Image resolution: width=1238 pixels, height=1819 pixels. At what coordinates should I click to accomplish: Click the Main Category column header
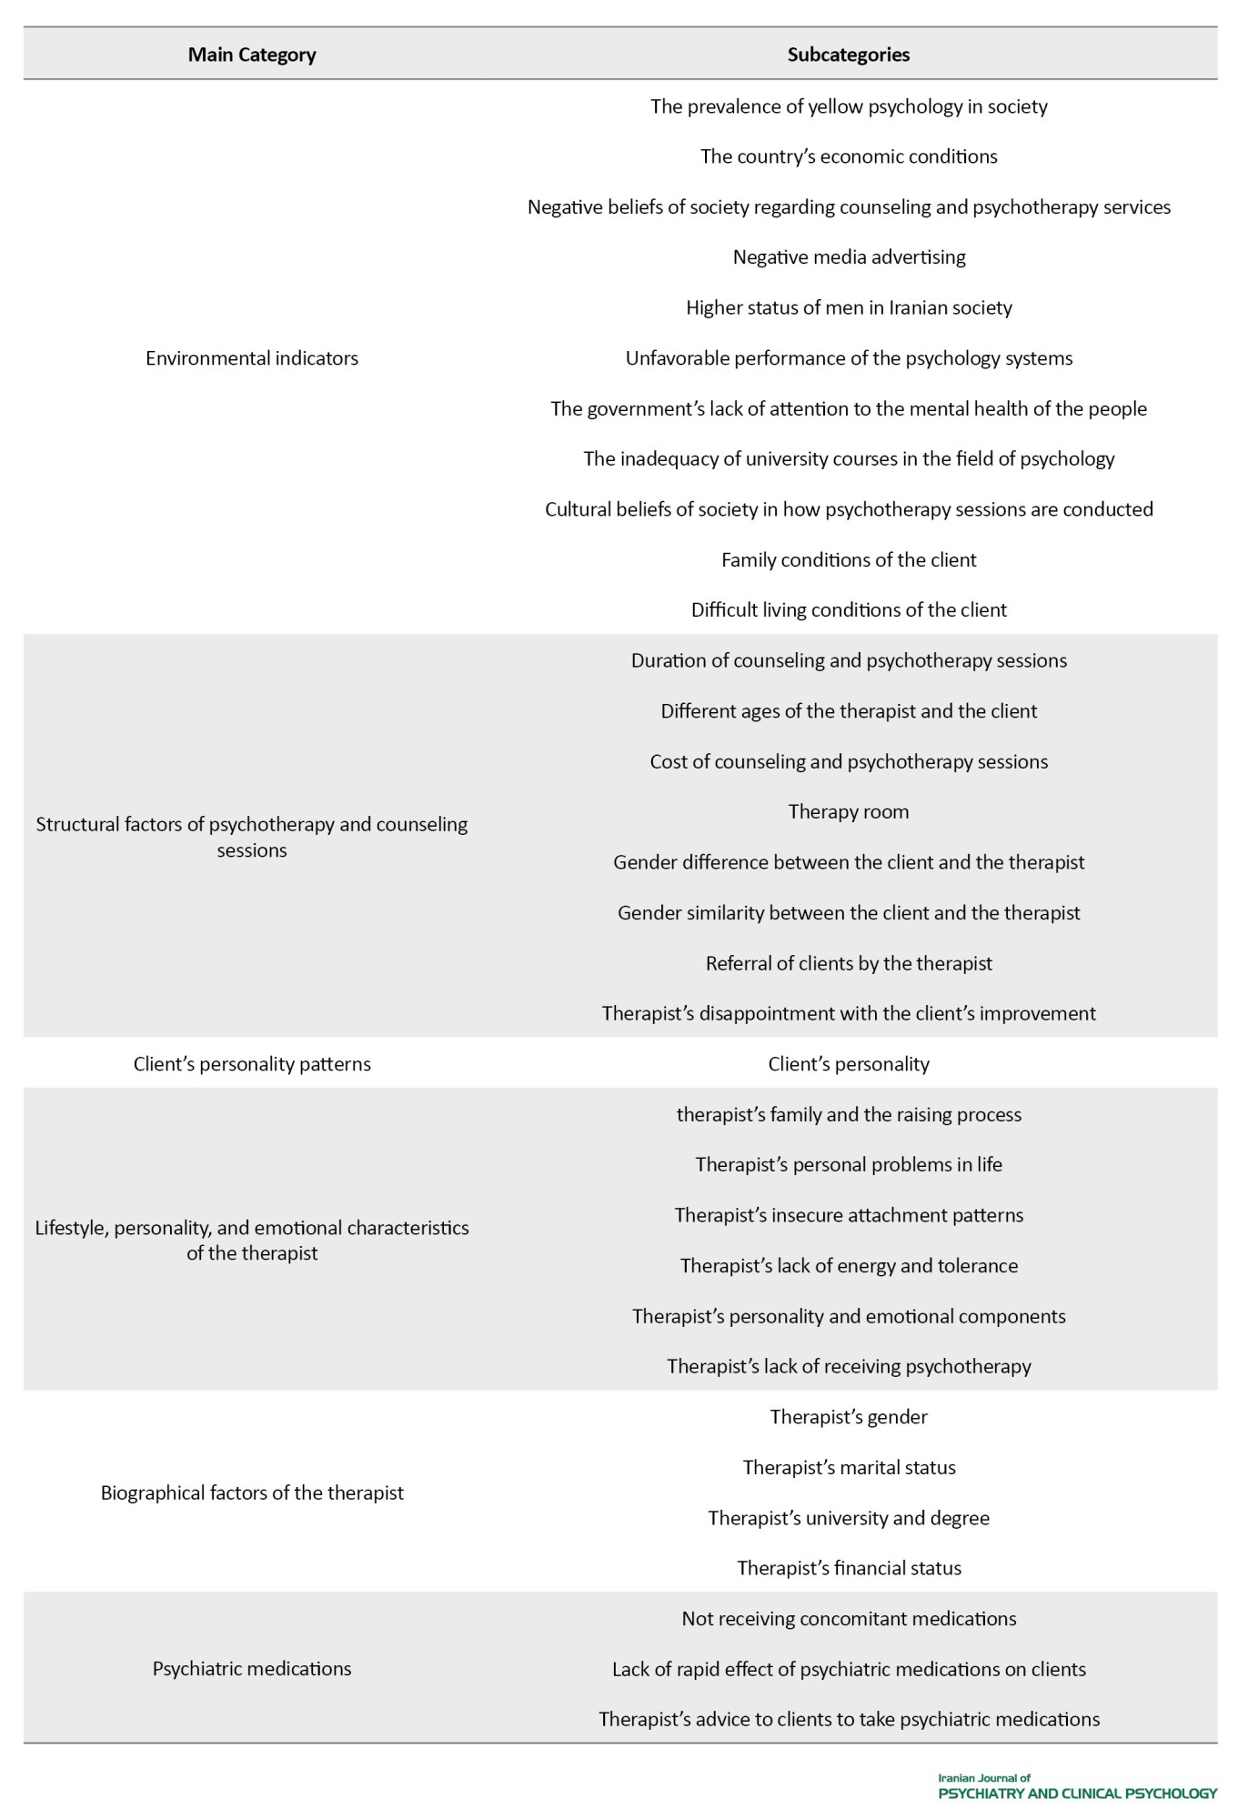pos(252,55)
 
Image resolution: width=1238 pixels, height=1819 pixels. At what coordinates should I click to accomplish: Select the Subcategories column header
pos(848,55)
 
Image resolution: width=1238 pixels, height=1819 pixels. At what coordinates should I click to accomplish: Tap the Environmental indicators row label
pos(252,358)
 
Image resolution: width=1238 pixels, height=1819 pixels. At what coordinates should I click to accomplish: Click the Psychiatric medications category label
pos(252,1668)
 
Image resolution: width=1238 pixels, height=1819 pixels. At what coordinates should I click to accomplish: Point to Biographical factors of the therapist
pos(252,1492)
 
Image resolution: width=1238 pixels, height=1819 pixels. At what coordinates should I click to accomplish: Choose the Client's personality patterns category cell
pos(252,1063)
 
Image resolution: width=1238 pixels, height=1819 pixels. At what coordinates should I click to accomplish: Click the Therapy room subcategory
pos(848,811)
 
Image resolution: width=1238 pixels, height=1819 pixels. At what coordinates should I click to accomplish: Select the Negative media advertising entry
pos(849,257)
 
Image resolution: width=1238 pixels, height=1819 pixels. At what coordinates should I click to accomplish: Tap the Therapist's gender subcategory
pos(848,1416)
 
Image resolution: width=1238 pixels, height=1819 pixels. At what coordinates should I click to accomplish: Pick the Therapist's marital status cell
pos(849,1467)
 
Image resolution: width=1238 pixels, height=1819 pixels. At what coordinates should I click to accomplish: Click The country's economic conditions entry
pos(848,156)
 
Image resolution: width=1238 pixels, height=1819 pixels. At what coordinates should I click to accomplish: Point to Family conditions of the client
pos(848,559)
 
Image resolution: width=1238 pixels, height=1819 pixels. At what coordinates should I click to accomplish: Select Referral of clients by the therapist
pos(848,962)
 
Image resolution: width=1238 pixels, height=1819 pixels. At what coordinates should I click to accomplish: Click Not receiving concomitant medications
pos(848,1618)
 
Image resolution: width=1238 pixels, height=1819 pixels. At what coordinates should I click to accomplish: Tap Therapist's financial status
pos(848,1568)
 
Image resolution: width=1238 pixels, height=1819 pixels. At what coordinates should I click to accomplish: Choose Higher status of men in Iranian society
pos(848,307)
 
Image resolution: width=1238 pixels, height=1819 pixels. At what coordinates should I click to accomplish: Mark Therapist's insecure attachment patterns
pos(848,1215)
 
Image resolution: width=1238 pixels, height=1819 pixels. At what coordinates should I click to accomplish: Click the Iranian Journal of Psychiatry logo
pos(1076,1786)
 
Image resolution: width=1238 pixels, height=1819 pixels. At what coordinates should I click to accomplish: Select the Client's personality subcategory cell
pos(848,1063)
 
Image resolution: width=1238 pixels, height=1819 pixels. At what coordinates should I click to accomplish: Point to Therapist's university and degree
pos(848,1517)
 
